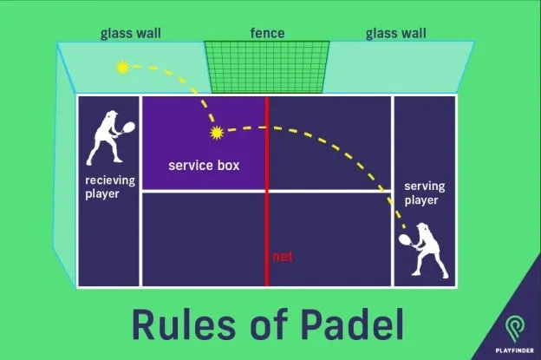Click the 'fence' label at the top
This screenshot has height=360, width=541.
(x=267, y=33)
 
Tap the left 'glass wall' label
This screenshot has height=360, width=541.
(x=131, y=33)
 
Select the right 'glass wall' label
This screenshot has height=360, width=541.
(x=396, y=33)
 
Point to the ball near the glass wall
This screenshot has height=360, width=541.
(x=122, y=66)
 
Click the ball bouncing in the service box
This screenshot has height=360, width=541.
(x=216, y=133)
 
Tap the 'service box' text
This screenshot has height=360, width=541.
(x=204, y=165)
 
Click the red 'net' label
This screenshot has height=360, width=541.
(x=282, y=257)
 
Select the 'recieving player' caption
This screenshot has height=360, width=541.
(x=108, y=187)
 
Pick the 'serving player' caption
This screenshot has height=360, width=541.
(x=422, y=193)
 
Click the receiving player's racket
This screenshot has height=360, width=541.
(x=129, y=127)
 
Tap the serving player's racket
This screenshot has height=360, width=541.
(x=404, y=236)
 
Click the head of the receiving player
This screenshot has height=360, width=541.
(x=109, y=118)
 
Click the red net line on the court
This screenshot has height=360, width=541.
(x=267, y=208)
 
